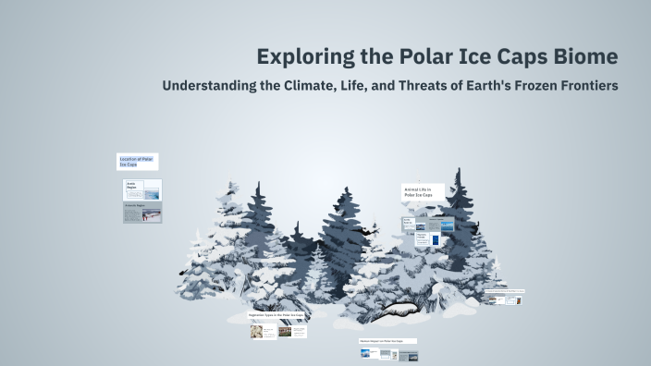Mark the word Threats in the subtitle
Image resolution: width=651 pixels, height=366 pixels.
click(434, 86)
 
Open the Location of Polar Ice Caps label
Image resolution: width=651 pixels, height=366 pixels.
click(137, 162)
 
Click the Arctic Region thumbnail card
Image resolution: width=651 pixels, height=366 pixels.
click(142, 189)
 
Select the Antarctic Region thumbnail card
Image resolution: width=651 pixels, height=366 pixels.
click(142, 213)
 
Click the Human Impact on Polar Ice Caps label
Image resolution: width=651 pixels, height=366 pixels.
click(387, 341)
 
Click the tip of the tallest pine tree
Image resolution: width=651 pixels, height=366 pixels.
click(454, 170)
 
